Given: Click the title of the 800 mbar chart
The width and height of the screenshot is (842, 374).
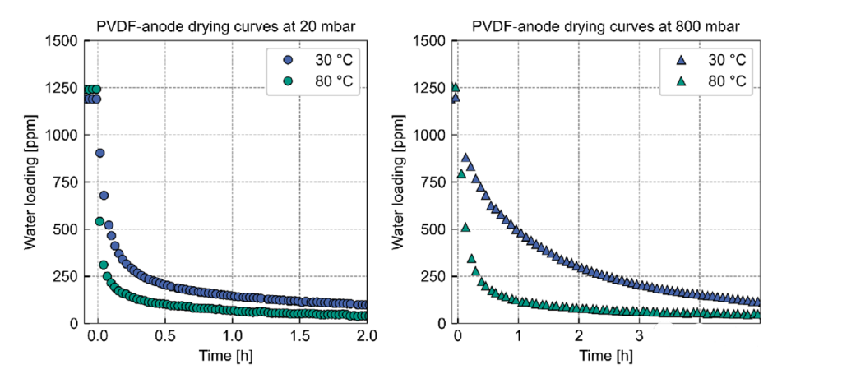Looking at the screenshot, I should (605, 25).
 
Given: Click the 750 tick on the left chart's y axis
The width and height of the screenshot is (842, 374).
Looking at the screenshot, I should (65, 182).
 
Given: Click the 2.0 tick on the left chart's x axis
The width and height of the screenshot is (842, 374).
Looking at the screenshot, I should (367, 336).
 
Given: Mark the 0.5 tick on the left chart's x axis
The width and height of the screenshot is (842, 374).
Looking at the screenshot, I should (165, 336).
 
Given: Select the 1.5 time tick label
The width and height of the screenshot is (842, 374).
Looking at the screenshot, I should (300, 336).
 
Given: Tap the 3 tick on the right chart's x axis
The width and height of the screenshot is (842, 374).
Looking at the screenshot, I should (639, 336).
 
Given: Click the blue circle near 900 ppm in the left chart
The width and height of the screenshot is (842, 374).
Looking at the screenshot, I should (100, 153).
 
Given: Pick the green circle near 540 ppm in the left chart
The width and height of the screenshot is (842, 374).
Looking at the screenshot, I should (99, 221).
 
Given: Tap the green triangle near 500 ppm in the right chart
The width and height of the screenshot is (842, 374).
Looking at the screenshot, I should (465, 228).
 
